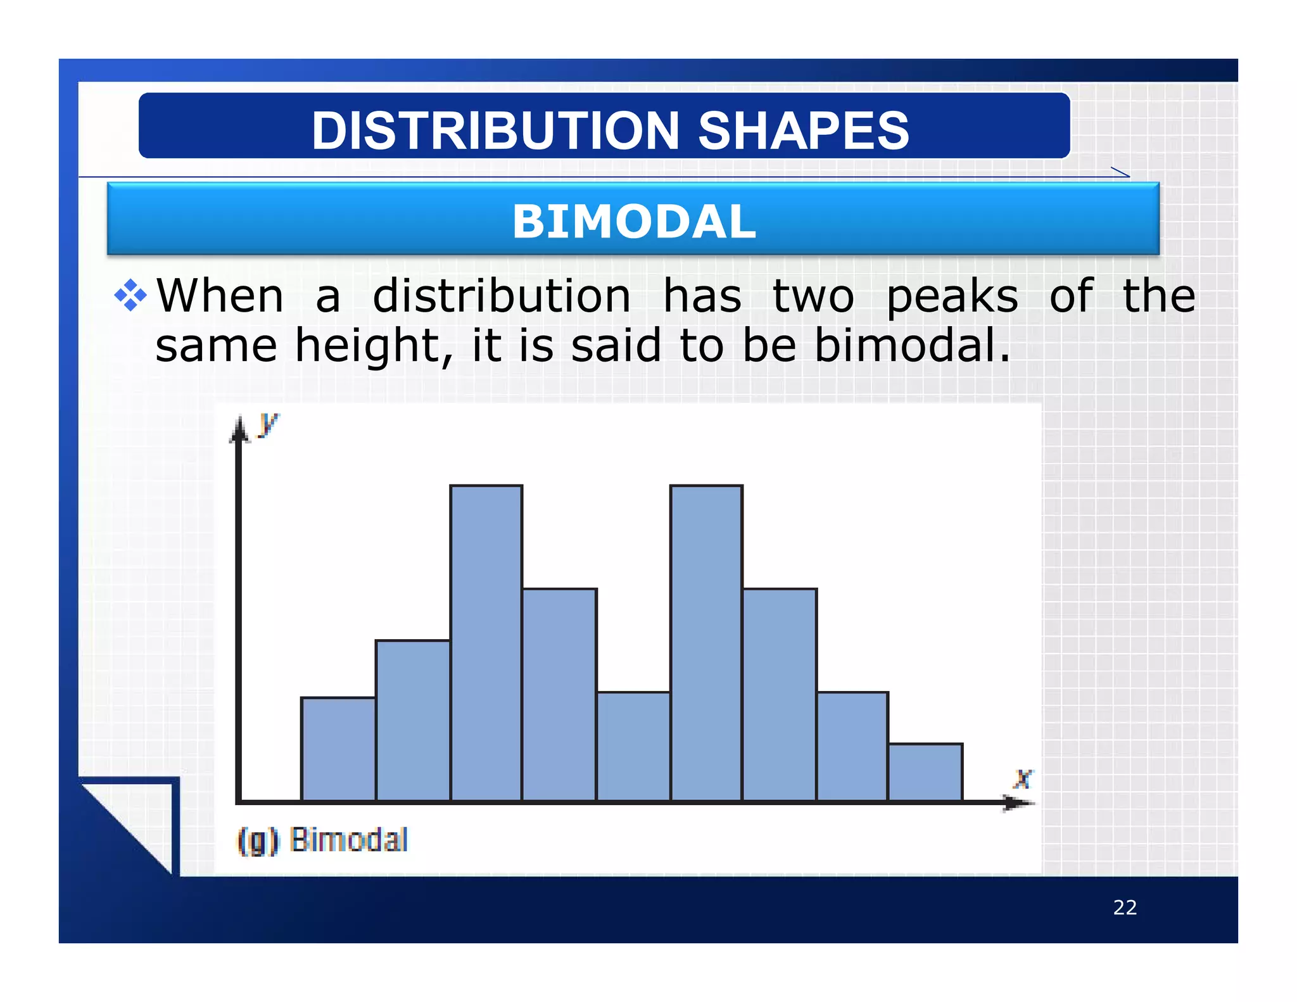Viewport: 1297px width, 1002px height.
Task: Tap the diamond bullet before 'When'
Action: [130, 295]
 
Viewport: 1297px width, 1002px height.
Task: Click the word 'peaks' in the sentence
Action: [952, 296]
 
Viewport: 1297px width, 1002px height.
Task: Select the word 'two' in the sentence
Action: [813, 296]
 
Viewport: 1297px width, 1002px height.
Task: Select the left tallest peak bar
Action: [486, 643]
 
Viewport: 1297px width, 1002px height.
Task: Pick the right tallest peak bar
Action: [706, 643]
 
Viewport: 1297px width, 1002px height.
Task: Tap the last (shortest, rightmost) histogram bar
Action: [925, 772]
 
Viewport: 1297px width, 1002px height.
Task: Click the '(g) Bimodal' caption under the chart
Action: [322, 840]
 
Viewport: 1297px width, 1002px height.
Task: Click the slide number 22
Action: [1125, 907]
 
